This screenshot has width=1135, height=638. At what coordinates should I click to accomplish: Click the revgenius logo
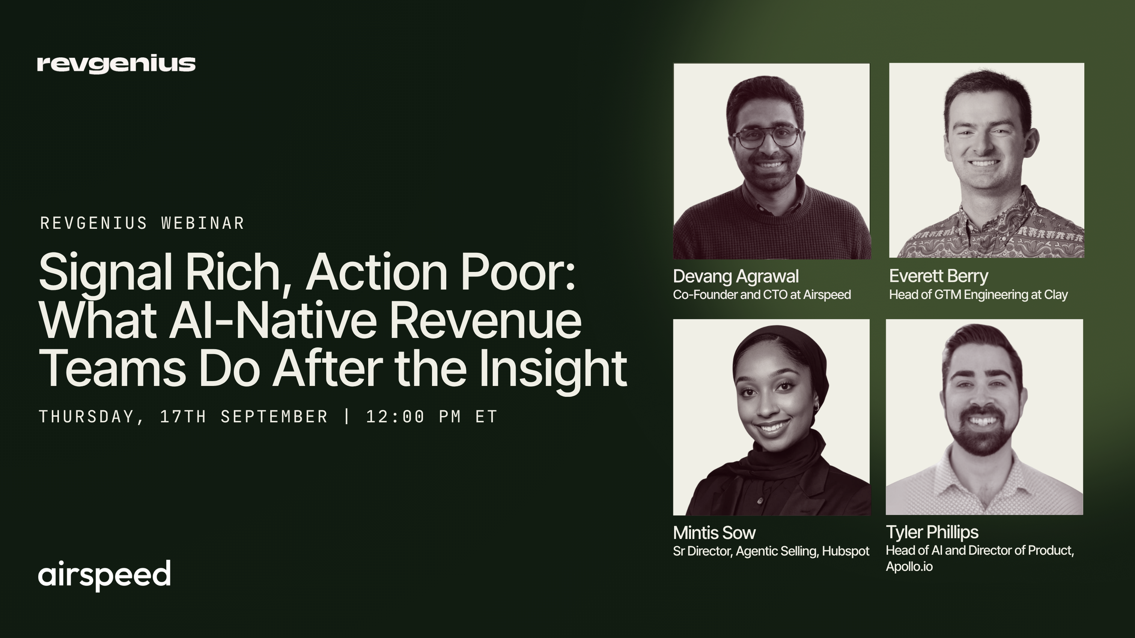[x=116, y=65]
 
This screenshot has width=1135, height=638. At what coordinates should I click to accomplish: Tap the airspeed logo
[x=104, y=575]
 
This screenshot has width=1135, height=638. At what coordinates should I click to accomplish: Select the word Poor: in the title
[x=518, y=272]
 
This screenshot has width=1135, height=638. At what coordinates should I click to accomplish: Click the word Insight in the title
[x=553, y=369]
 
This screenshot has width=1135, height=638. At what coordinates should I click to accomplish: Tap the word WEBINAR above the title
[x=203, y=223]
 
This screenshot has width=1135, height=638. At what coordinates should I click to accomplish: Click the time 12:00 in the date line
[x=395, y=417]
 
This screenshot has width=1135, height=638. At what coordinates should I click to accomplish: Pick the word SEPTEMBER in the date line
[x=274, y=417]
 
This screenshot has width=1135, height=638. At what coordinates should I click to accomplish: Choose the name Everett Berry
[x=938, y=276]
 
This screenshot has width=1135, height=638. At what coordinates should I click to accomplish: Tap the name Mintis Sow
[x=714, y=533]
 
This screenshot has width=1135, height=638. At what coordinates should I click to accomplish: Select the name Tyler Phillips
[x=932, y=533]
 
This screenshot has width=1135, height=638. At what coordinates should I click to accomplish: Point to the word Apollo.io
[x=909, y=567]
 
